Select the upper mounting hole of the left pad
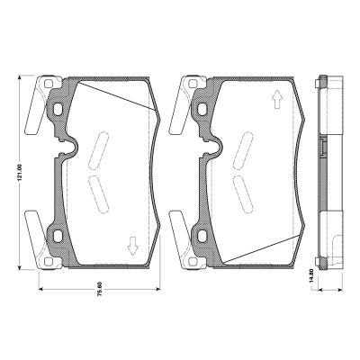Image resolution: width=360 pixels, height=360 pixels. (x=58, y=110)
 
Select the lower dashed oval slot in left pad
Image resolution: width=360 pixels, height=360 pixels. (x=95, y=191)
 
